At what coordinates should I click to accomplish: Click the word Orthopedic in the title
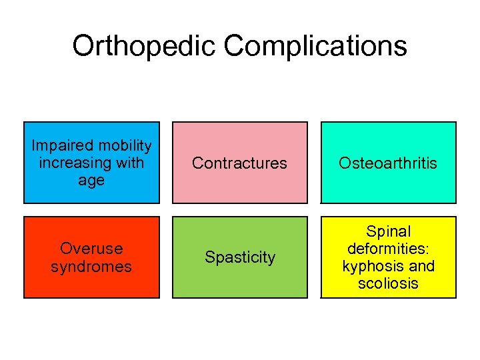(x=144, y=47)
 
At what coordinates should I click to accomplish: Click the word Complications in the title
(x=315, y=47)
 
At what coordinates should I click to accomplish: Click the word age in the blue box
(x=91, y=181)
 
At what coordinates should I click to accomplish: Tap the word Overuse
(x=91, y=249)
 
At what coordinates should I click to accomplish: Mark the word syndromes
(x=91, y=267)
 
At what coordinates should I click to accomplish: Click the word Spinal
(x=389, y=231)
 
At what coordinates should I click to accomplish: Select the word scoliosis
(x=389, y=283)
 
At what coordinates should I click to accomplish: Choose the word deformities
(x=389, y=249)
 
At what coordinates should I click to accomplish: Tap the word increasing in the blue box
(x=73, y=163)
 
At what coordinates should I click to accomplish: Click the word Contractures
(x=240, y=163)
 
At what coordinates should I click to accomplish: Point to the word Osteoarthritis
(x=389, y=163)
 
